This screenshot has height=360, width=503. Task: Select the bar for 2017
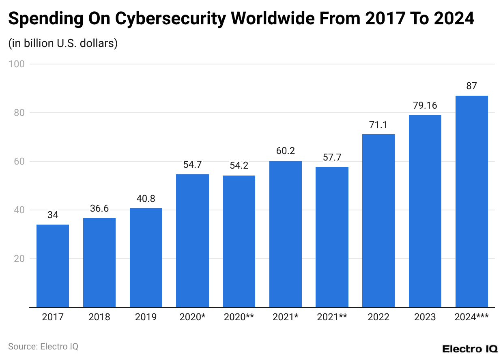point(53,266)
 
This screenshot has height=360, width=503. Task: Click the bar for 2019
point(146,257)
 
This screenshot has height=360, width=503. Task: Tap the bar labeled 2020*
point(192,241)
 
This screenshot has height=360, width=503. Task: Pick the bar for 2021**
point(332,237)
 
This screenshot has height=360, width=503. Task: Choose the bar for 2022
point(378,221)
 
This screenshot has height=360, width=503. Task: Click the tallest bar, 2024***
point(471,201)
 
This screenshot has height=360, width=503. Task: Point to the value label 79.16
point(425,105)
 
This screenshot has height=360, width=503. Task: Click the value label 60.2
point(285,151)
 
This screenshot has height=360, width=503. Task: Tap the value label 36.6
point(99,208)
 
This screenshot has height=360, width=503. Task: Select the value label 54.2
point(239,166)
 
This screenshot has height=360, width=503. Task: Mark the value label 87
point(471,86)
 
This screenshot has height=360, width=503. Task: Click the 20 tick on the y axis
point(19,259)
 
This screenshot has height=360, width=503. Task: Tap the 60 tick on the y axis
point(19,161)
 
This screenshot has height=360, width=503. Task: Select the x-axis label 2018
point(99,317)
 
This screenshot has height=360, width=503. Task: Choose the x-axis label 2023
point(425,317)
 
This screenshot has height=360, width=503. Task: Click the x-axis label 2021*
point(285,317)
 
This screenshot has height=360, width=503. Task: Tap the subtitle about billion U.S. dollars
point(63,43)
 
